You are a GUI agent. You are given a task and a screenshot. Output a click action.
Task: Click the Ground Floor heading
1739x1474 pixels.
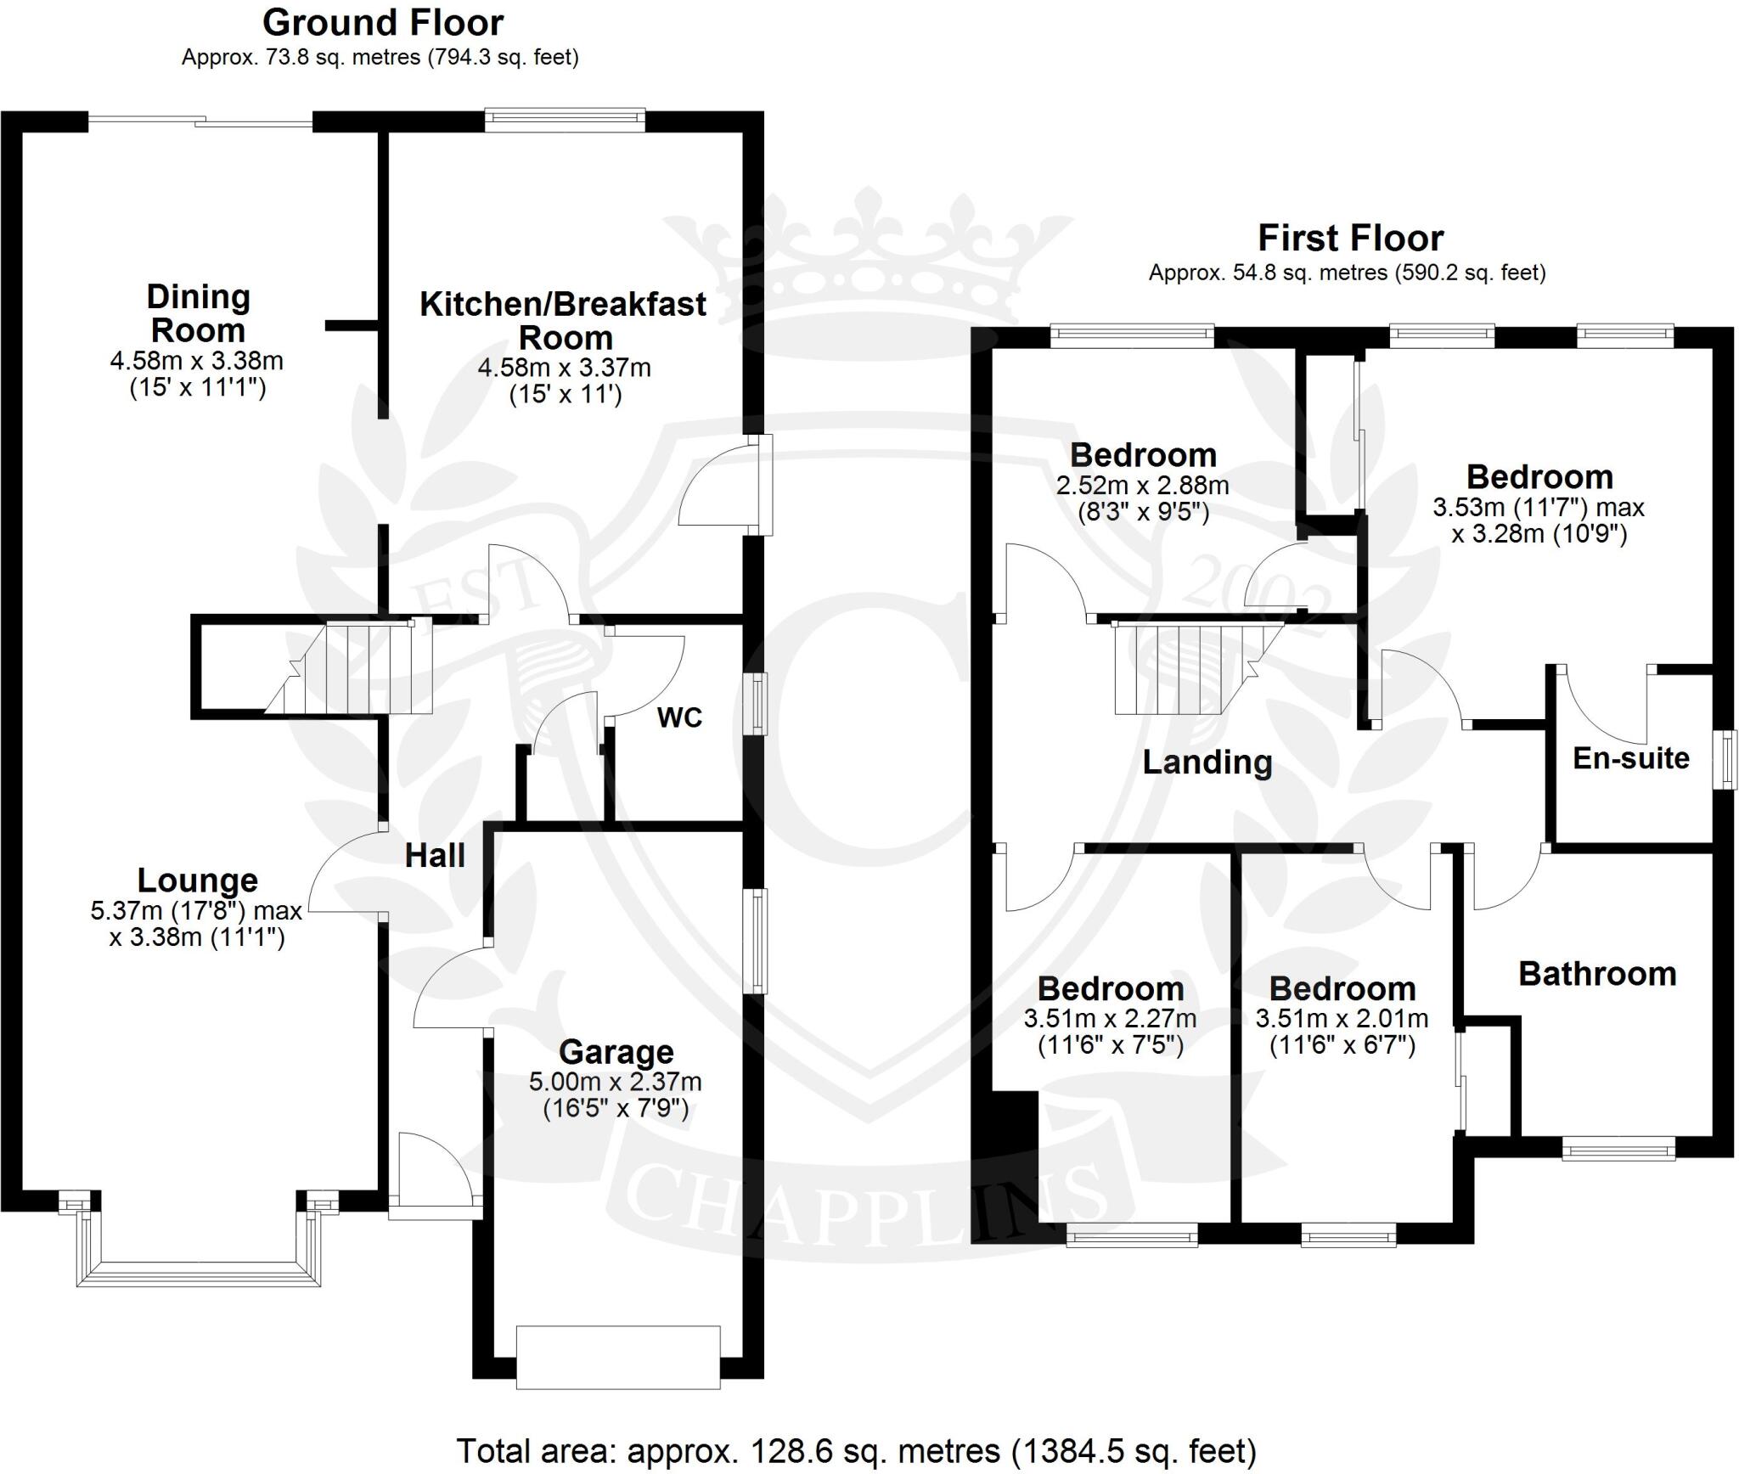(382, 23)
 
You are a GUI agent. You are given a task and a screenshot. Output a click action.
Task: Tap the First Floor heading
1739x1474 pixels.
(1349, 238)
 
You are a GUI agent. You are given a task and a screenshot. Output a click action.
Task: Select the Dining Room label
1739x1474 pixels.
(198, 313)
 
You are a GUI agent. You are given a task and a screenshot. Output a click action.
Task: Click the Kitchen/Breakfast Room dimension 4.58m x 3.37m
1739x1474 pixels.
(564, 368)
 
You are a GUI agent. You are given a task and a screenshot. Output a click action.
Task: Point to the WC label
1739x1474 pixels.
(679, 718)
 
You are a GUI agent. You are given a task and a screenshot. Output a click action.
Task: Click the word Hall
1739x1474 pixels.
(435, 856)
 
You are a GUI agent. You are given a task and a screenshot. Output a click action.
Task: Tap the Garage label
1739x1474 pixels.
(616, 1053)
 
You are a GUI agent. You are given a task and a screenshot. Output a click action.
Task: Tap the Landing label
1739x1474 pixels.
(1207, 762)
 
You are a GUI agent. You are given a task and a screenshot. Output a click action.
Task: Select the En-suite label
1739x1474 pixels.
(1630, 758)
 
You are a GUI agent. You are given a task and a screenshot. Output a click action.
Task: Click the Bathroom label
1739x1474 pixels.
(1596, 974)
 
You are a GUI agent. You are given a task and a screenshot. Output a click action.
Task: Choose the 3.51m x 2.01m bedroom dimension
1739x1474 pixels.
(1342, 1018)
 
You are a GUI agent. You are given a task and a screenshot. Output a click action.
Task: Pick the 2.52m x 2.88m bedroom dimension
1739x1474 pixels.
(1142, 486)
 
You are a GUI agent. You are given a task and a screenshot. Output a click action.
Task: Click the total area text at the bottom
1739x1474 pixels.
(856, 1451)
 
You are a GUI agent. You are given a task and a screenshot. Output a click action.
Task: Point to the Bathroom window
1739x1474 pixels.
(1618, 1151)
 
